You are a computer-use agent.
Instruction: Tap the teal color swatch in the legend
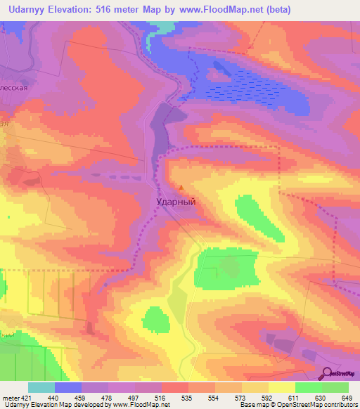point(41,387)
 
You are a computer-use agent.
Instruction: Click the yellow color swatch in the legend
point(281,387)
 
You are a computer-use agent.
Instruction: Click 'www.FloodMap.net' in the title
point(214,10)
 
